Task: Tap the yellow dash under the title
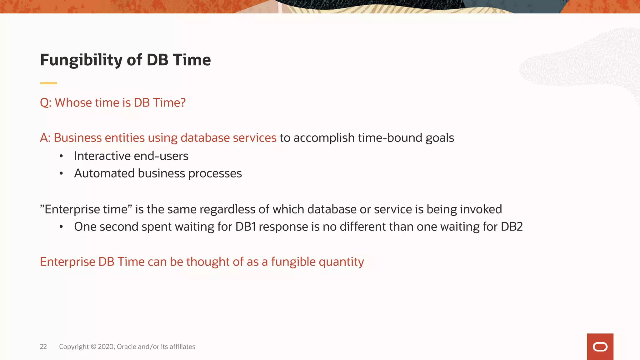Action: click(48, 83)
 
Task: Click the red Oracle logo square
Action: click(600, 347)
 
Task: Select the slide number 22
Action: click(43, 347)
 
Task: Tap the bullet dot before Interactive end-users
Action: click(61, 156)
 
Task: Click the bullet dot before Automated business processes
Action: click(61, 173)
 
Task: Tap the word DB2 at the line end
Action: click(512, 227)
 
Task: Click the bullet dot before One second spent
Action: click(61, 227)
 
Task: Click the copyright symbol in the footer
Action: click(93, 347)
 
